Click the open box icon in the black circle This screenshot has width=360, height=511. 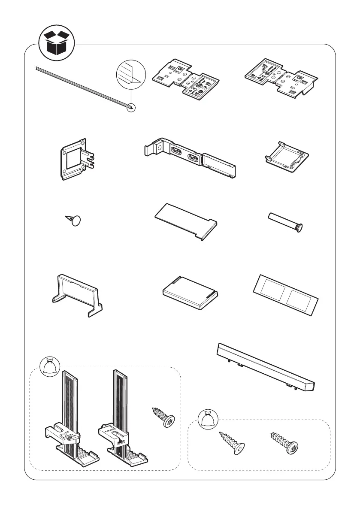pos(56,43)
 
